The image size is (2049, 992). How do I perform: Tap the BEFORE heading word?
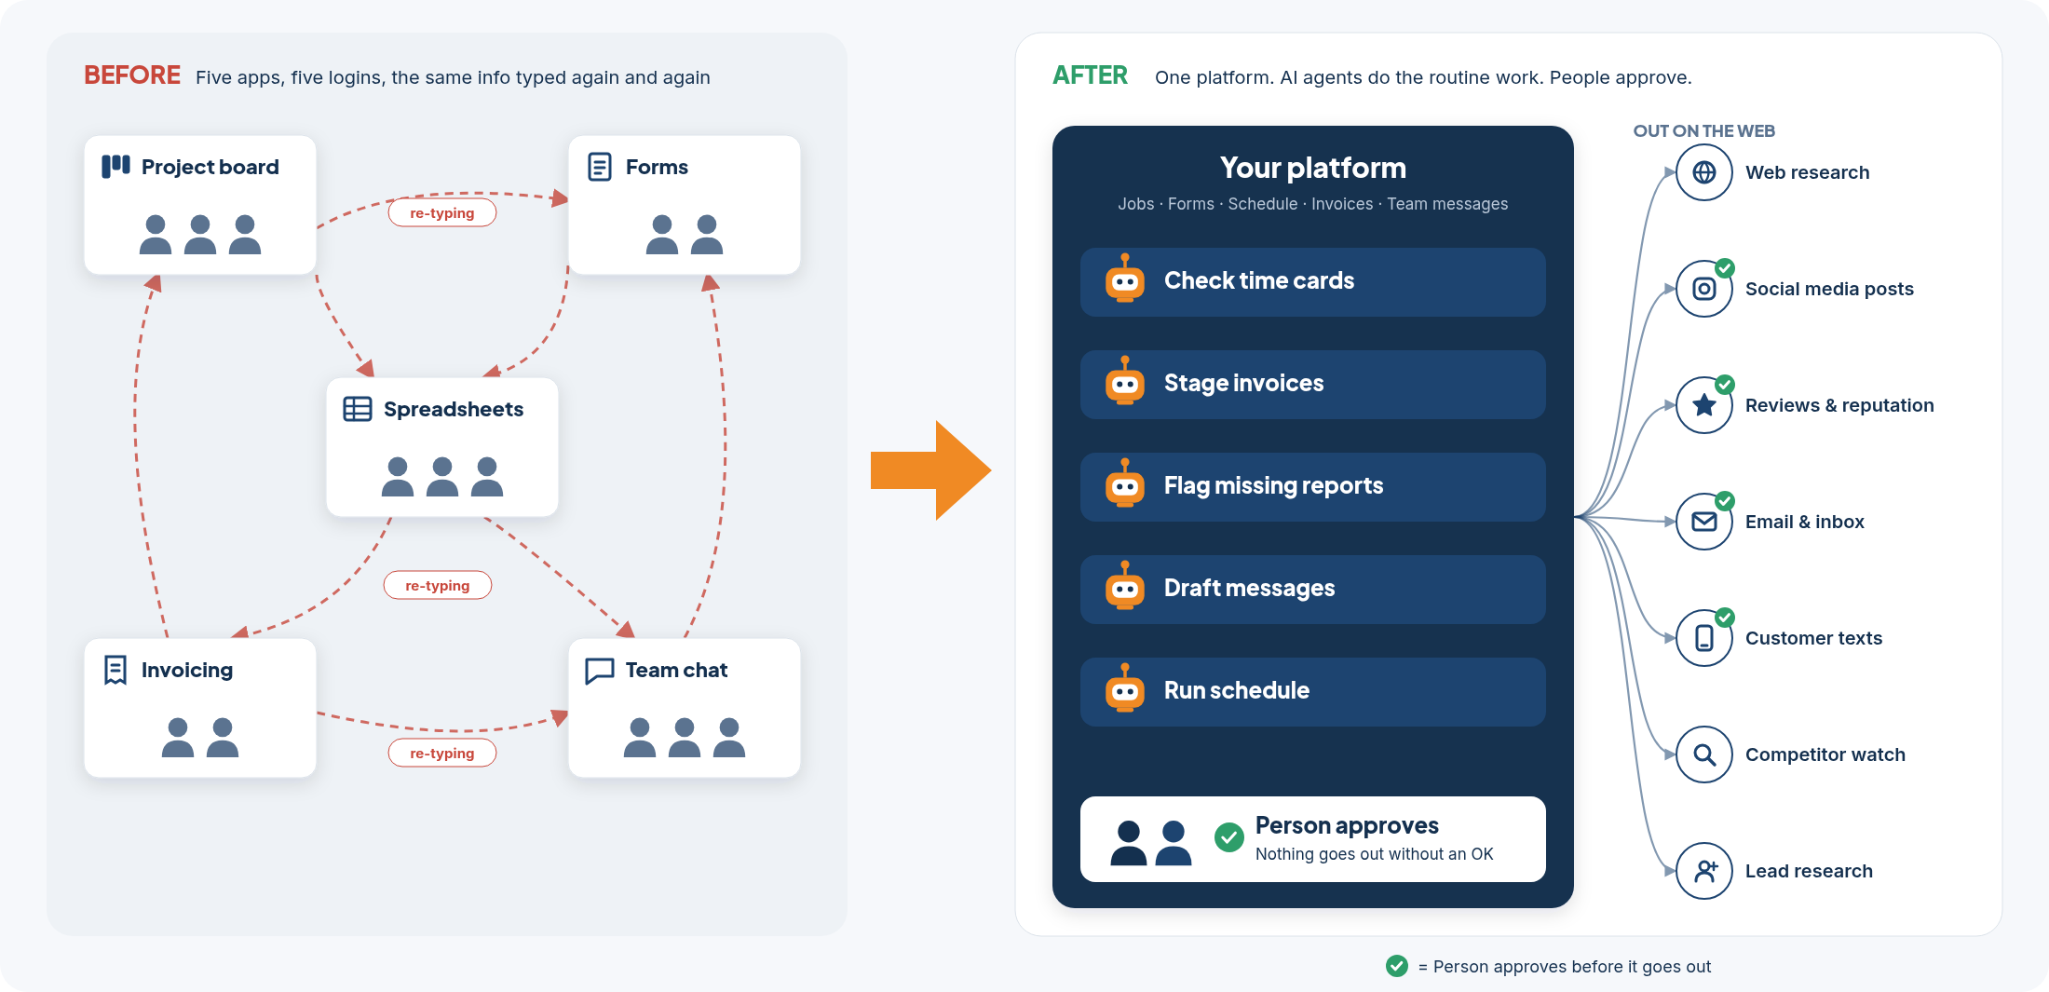[132, 75]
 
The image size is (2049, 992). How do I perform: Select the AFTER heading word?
[1090, 75]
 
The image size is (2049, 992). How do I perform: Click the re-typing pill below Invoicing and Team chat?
[442, 753]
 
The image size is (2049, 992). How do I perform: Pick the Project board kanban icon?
[115, 167]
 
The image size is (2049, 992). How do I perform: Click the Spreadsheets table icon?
[358, 409]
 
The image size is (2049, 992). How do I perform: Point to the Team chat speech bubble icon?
[600, 671]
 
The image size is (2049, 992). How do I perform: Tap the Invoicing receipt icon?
[115, 670]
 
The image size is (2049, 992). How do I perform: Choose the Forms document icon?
[600, 167]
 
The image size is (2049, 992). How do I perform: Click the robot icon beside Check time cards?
[1125, 279]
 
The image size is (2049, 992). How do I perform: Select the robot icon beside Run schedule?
[1125, 688]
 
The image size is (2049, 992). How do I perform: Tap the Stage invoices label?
[1243, 383]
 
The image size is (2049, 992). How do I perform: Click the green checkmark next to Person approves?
[1229, 837]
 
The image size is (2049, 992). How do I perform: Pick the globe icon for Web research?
[1704, 172]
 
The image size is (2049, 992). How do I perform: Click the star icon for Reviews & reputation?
[1704, 405]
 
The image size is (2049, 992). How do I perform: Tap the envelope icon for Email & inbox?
[1704, 522]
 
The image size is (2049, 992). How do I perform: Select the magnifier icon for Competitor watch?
[1704, 754]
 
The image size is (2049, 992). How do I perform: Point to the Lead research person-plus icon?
[1704, 871]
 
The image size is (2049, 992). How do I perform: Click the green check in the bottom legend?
[1397, 966]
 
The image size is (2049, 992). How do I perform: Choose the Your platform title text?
[1313, 168]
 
